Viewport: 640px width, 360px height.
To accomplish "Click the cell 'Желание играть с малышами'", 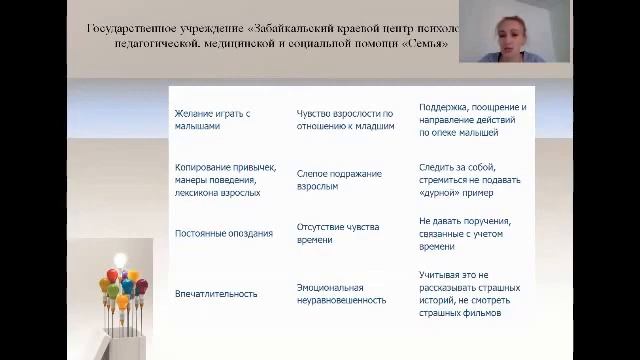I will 212,120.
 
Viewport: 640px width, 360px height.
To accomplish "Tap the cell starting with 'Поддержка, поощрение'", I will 472,119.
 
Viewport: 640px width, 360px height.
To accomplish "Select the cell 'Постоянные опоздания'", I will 223,234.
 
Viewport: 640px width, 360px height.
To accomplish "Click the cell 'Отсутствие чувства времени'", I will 338,233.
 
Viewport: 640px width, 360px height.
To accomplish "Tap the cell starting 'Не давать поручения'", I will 465,233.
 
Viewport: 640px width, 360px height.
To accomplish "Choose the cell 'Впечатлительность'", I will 216,293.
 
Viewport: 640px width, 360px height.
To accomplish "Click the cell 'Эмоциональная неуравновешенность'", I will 341,293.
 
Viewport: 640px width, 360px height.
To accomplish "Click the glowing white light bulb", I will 122,261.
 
